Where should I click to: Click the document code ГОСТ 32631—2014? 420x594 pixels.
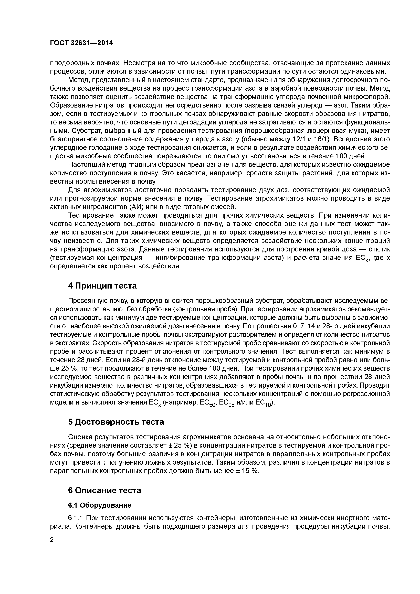pyautogui.click(x=81, y=43)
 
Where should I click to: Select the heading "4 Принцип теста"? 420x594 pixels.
pyautogui.click(x=102, y=286)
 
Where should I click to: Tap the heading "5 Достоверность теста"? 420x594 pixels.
pyautogui.click(x=116, y=422)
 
